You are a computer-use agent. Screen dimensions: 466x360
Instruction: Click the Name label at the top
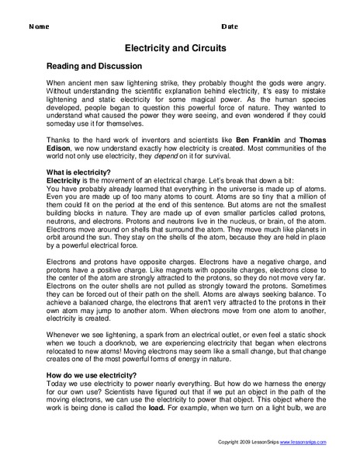[x=39, y=26]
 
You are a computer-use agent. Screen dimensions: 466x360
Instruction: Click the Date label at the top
[x=231, y=26]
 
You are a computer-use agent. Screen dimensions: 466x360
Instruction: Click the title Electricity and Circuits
[x=179, y=47]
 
